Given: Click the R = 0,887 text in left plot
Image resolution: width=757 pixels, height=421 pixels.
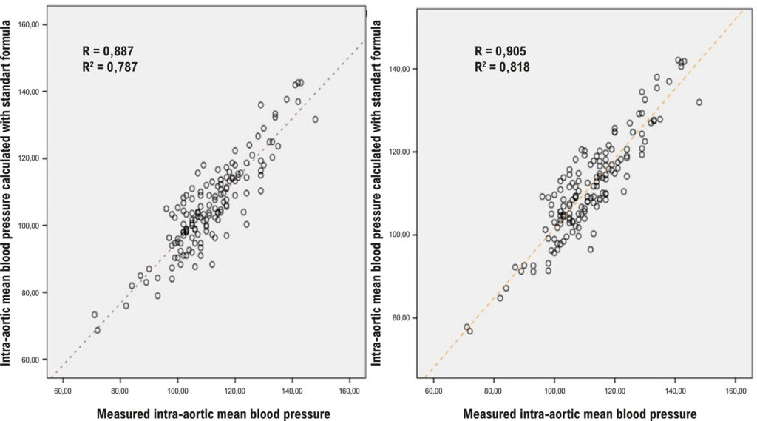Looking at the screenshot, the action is click(x=108, y=51).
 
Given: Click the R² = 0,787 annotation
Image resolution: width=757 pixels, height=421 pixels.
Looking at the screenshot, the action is click(x=109, y=67).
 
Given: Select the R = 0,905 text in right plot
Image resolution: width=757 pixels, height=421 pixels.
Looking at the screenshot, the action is click(x=500, y=51).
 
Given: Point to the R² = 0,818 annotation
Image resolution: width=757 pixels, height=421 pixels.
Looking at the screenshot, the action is click(x=502, y=67).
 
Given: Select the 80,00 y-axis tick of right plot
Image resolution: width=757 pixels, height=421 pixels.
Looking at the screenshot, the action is click(x=400, y=318).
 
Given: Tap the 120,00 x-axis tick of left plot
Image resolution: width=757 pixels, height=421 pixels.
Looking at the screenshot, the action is click(x=234, y=391).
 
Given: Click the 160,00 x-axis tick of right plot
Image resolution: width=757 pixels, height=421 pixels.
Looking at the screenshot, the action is click(x=736, y=391).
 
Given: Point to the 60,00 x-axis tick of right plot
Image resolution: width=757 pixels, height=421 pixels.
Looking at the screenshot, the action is click(x=433, y=391).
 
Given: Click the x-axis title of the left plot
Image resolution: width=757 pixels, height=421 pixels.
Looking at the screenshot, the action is click(x=214, y=414).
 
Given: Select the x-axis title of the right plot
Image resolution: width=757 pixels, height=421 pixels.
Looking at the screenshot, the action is click(x=580, y=414).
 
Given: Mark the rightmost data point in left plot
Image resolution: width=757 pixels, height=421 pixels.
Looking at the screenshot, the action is click(x=315, y=119).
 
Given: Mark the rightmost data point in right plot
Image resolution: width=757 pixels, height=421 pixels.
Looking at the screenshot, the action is click(x=699, y=102).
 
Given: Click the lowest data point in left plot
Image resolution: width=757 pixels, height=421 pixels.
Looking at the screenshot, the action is click(x=98, y=330).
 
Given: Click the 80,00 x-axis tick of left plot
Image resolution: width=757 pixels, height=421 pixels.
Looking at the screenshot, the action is click(x=120, y=391).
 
